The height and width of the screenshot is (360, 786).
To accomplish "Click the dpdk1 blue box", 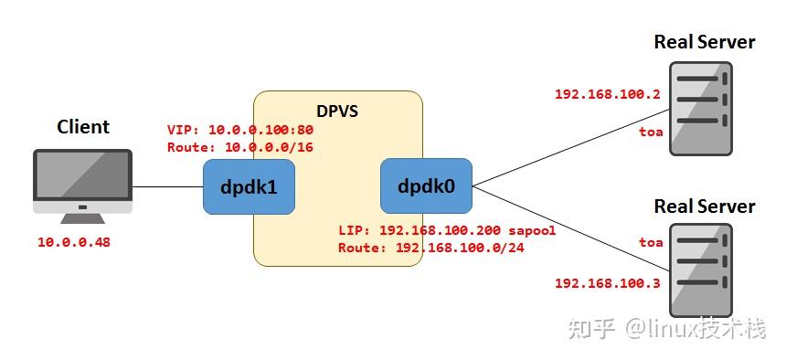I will click(249, 186).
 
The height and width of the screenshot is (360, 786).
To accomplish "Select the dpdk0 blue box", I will click(426, 185).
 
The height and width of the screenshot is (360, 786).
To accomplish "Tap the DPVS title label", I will click(336, 111).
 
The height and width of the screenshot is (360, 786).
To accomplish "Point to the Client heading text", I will click(82, 127).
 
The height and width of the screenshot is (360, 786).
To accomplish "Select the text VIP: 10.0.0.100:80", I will click(240, 131).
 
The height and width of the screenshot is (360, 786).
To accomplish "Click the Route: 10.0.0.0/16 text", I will click(240, 146).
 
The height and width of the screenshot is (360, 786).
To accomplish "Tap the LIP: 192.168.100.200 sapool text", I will click(447, 230).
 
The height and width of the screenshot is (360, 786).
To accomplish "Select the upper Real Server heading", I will click(705, 42).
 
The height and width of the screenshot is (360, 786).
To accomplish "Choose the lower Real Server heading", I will click(705, 206).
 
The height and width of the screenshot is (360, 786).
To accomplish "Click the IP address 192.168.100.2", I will click(607, 94).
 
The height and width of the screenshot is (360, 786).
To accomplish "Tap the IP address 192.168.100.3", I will click(607, 283).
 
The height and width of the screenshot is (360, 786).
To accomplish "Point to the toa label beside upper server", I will click(651, 133).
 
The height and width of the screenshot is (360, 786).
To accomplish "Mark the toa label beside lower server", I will click(651, 242).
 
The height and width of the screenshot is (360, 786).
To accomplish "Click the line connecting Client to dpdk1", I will click(167, 186).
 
